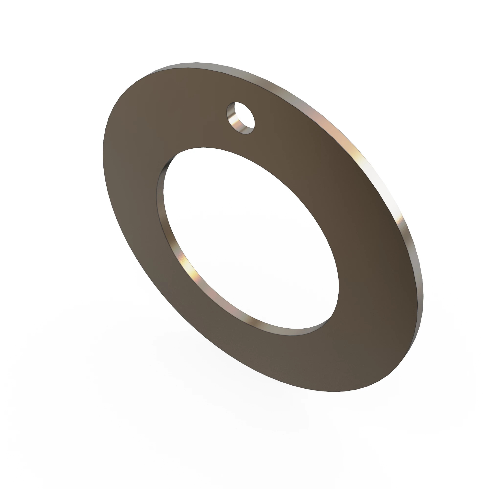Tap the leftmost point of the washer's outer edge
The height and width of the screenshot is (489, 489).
[103, 154]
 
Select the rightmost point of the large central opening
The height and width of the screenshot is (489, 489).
[339, 286]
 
